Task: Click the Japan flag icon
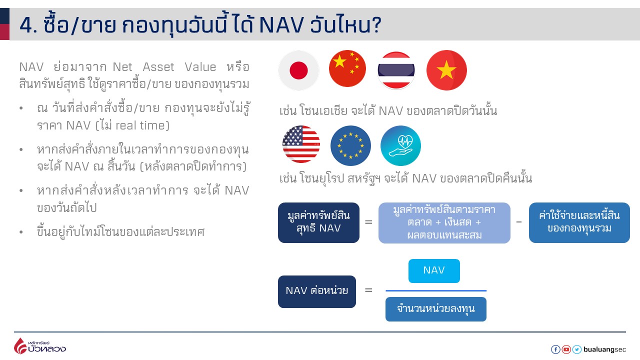298,70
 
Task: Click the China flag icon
347,69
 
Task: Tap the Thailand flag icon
396,70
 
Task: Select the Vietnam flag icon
446,70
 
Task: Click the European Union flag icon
350,145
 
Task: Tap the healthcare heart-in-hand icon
400,145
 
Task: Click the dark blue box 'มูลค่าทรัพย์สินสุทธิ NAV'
318,222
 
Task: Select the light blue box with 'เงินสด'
444,222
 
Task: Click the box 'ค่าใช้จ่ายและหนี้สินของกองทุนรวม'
579,222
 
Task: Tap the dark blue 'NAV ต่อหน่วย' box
317,291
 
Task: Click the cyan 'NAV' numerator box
434,270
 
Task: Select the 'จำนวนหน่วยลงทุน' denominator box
435,309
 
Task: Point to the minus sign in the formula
519,221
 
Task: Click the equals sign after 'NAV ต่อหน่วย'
368,290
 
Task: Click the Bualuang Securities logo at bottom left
39,346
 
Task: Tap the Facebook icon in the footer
555,349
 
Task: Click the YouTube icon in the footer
566,349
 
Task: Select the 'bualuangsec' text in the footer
604,349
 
